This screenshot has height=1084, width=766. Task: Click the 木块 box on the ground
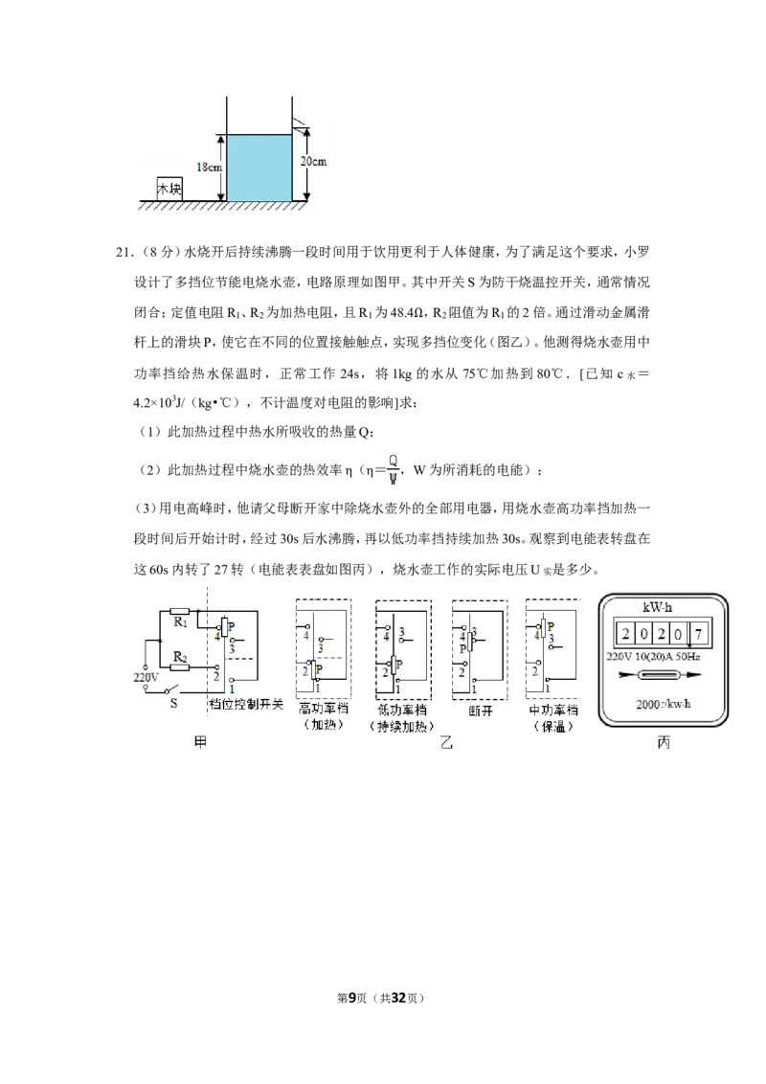(x=169, y=188)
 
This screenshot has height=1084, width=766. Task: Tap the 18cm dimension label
(x=208, y=168)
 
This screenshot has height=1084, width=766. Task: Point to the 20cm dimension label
(x=313, y=161)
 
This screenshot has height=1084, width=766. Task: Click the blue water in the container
(x=259, y=168)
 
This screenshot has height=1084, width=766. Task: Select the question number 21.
(x=124, y=253)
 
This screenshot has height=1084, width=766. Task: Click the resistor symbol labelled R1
(x=180, y=611)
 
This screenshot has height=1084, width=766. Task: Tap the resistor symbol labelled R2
(x=180, y=667)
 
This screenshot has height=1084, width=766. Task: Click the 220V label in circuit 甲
(x=146, y=678)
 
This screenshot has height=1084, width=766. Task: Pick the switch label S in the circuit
(x=173, y=703)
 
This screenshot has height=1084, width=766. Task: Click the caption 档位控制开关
(x=246, y=705)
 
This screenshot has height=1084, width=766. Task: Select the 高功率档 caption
(x=323, y=709)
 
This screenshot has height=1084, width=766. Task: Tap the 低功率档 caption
(x=401, y=710)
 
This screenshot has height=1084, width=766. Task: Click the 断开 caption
(x=480, y=710)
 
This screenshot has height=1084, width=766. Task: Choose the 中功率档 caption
(x=553, y=710)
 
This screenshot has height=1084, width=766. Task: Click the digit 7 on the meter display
(x=698, y=634)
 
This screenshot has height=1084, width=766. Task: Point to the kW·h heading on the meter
(x=657, y=608)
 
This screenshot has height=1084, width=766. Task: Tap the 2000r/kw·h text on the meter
(x=663, y=704)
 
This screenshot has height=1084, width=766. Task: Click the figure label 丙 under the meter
(x=663, y=742)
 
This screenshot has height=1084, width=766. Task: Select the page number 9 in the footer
(x=352, y=998)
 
